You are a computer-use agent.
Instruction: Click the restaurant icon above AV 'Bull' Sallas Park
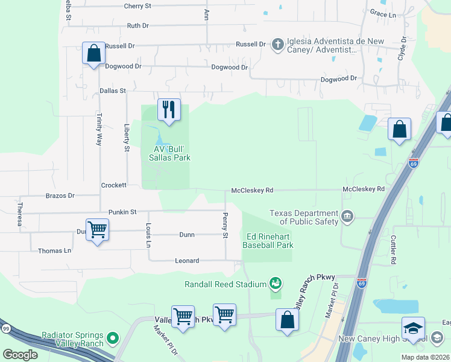point(169,110)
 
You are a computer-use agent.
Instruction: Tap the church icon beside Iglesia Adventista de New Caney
point(277,45)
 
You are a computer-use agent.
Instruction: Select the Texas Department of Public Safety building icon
point(347,216)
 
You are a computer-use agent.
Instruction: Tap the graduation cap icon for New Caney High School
point(414,328)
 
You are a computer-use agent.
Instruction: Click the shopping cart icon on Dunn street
point(97,229)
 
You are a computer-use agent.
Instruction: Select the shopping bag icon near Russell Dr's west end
point(93,54)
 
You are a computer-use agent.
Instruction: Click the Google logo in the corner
point(20,354)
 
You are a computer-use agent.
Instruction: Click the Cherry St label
point(137,6)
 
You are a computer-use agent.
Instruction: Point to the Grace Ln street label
point(383,13)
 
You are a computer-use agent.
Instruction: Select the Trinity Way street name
point(99,129)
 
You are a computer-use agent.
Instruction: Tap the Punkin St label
point(123,212)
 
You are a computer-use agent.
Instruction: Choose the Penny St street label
point(225,225)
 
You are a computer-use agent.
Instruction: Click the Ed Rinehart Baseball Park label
point(268,241)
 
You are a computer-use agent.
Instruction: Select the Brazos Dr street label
point(60,196)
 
